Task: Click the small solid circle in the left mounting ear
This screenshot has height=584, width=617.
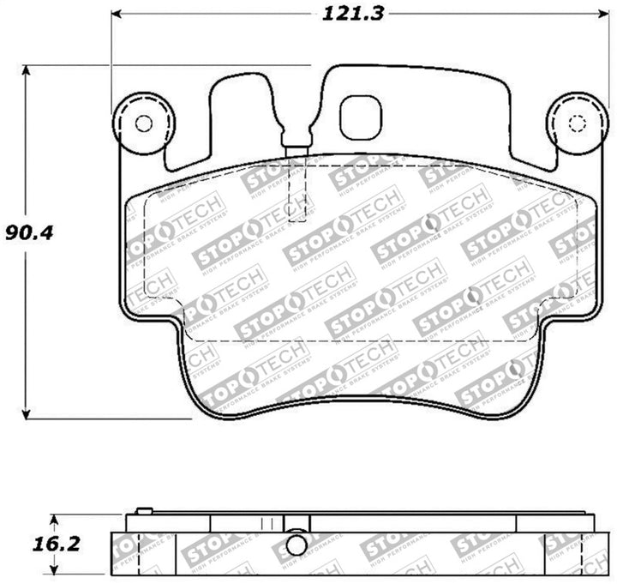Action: click(x=144, y=123)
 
